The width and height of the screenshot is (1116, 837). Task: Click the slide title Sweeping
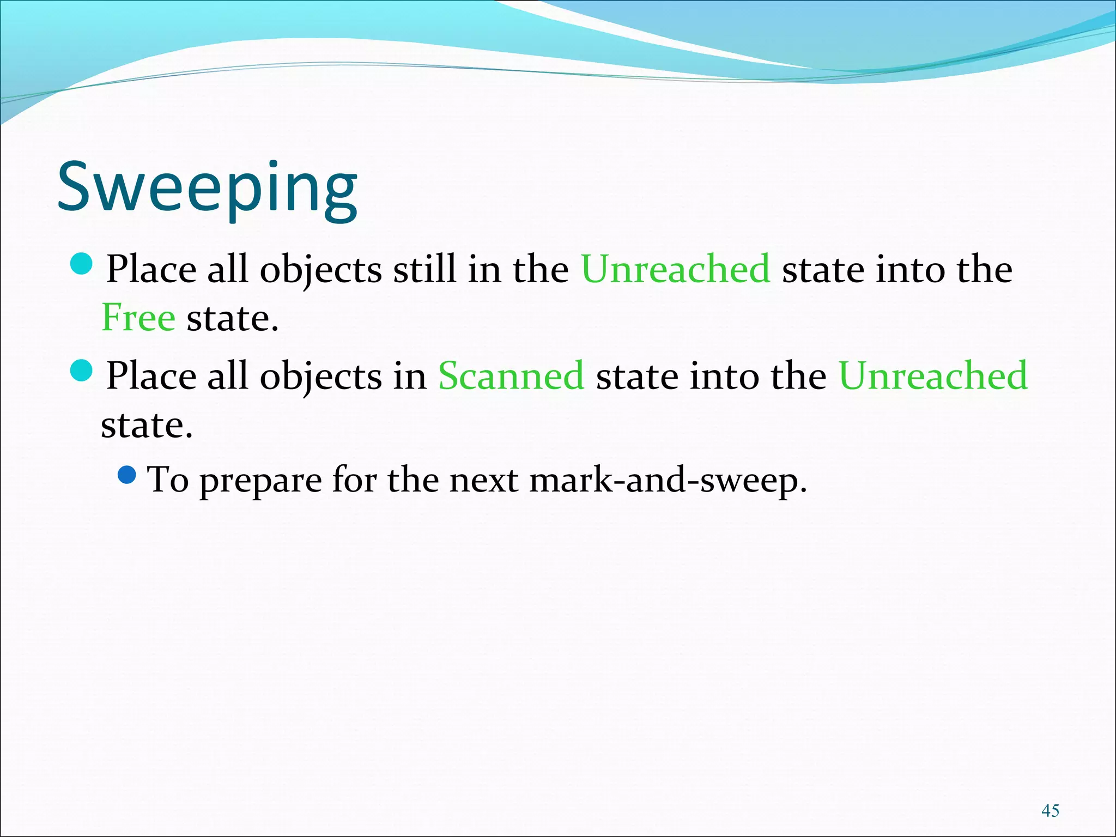[208, 188]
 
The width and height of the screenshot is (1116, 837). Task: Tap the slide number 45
[1050, 810]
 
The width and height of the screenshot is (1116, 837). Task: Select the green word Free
[138, 317]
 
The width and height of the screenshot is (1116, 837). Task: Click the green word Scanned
[511, 375]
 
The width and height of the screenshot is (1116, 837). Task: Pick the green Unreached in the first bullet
[676, 269]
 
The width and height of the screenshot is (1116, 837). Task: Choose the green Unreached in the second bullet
[933, 375]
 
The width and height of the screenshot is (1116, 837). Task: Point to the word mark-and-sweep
[668, 480]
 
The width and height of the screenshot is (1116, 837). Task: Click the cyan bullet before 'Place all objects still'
[82, 264]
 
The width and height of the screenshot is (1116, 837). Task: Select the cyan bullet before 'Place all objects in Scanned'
[82, 371]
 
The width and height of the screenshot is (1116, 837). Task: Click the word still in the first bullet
[424, 269]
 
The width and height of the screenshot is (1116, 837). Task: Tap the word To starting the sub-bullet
[168, 480]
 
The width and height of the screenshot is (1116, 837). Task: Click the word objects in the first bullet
[321, 270]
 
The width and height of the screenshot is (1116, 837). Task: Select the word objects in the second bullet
[321, 377]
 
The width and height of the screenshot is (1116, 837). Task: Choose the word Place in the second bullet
[151, 375]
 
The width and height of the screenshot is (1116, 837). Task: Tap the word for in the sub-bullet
[354, 480]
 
